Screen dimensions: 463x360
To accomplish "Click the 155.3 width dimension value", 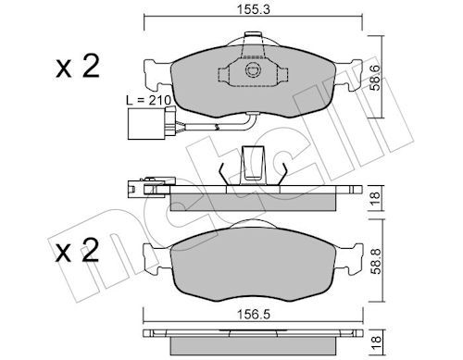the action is coord(253,9).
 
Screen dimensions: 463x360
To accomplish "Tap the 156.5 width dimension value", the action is coord(253,315).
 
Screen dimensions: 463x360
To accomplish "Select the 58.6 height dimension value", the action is coord(376,77).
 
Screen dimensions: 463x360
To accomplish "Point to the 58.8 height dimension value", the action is coord(376,262).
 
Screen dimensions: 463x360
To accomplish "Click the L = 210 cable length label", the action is coord(149,100).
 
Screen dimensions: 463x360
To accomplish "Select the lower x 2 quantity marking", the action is coord(77,250).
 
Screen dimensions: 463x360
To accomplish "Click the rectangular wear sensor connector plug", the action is coord(147,123).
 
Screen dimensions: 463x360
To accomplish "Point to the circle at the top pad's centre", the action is coord(253,70).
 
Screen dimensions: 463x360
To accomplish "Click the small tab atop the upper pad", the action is coord(253,34).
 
